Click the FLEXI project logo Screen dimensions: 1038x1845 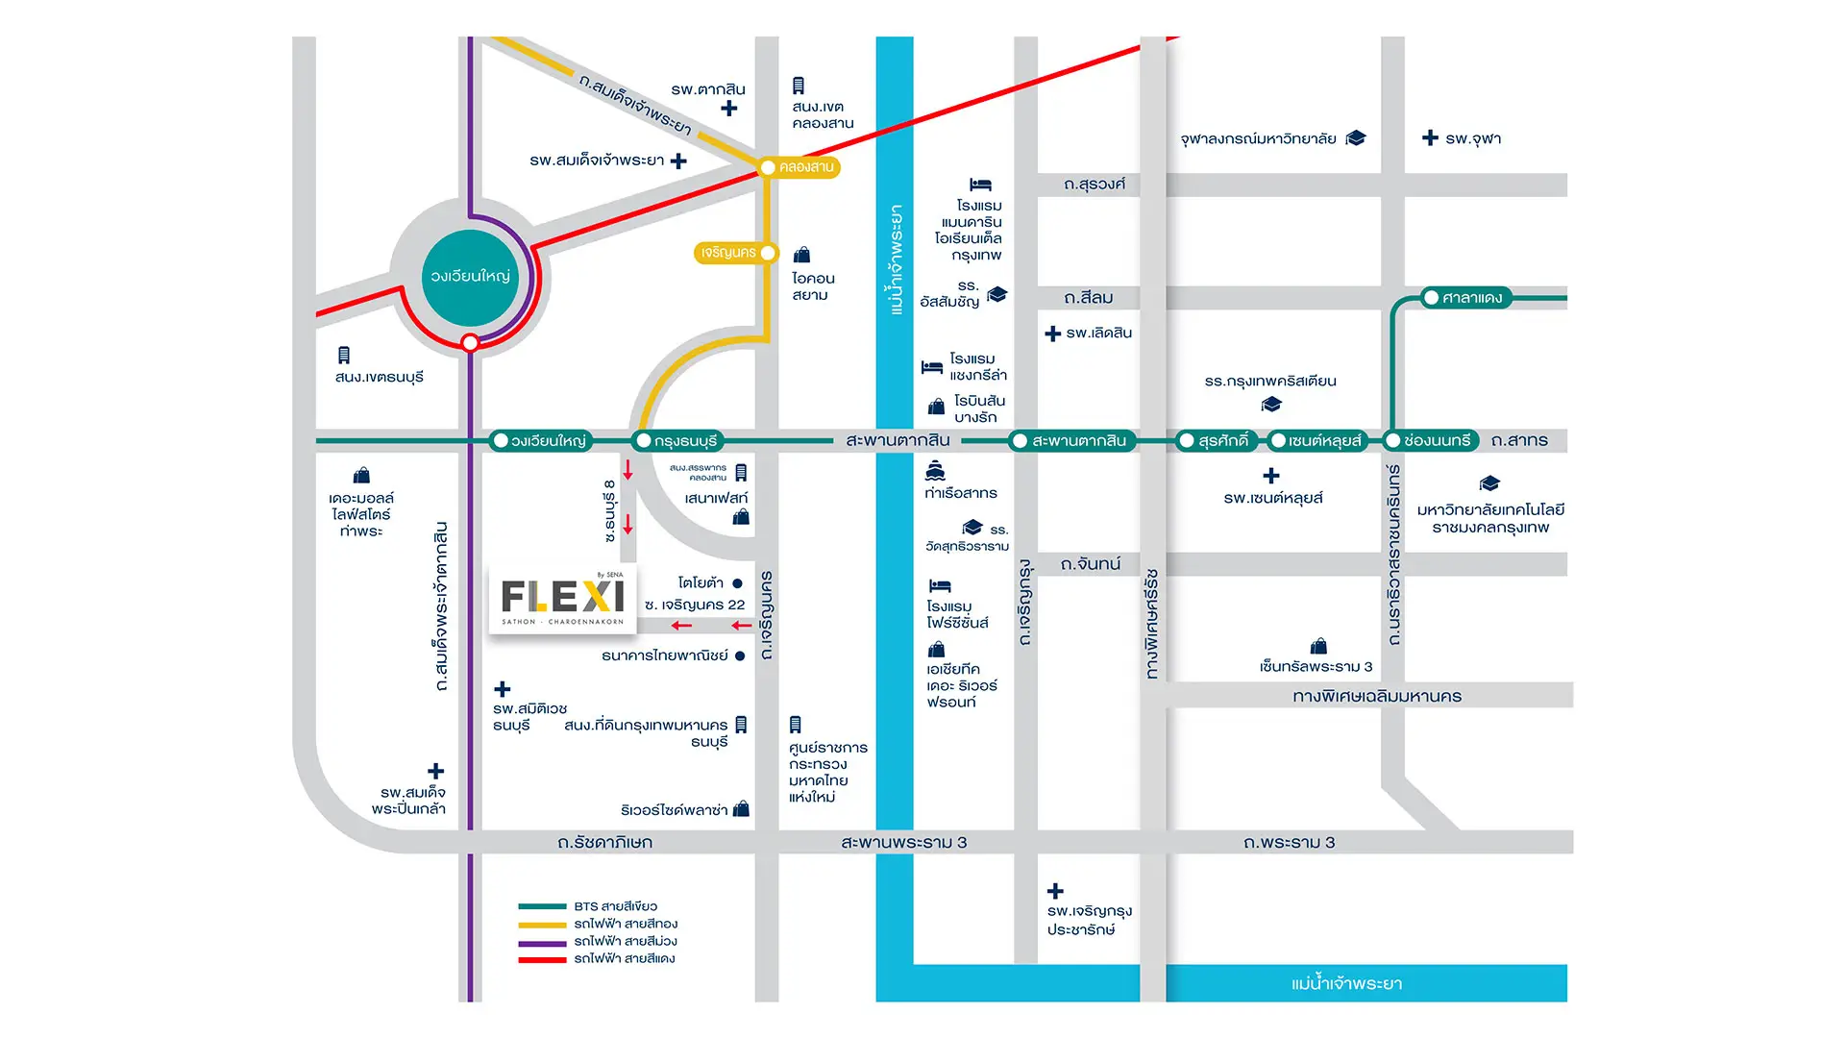coord(562,598)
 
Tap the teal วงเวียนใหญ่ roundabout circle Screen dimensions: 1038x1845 coord(470,277)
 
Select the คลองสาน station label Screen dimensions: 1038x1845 coord(805,167)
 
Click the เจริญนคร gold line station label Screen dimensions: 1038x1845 coord(728,253)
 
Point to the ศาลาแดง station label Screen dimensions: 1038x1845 coord(1471,298)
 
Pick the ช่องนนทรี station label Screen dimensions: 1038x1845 coord(1436,440)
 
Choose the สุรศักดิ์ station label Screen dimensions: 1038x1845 coord(1222,441)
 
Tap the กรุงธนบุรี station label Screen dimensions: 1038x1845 coord(685,441)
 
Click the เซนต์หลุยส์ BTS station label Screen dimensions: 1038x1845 coord(1324,441)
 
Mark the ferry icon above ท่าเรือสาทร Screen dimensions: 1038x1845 coord(935,471)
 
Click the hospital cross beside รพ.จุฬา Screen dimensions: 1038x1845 coord(1430,137)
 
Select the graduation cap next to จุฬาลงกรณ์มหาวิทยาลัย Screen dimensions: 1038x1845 coord(1356,138)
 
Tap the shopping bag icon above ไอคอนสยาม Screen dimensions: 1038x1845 coord(801,255)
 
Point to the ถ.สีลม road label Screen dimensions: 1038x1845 coord(1089,298)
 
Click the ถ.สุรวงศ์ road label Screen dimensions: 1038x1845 coord(1095,184)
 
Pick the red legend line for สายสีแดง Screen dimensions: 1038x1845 coord(542,959)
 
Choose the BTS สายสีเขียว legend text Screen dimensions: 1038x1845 coord(615,906)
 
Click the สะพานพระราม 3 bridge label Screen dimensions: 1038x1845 coord(903,842)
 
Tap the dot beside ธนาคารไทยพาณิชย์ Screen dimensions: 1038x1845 coord(740,656)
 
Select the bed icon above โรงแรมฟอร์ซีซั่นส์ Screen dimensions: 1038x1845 coord(940,585)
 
